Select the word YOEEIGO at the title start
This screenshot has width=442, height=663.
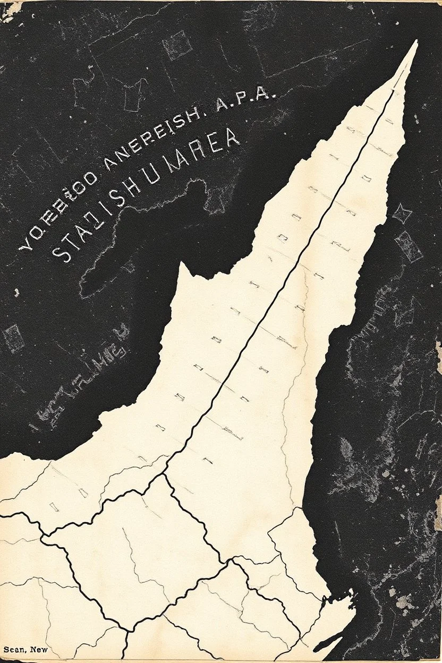pyautogui.click(x=59, y=218)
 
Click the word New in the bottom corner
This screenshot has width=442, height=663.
pyautogui.click(x=39, y=649)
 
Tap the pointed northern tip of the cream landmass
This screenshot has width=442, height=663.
pyautogui.click(x=415, y=42)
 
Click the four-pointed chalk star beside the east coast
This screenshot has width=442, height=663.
pyautogui.click(x=402, y=214)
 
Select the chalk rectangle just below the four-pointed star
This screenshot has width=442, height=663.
pyautogui.click(x=409, y=246)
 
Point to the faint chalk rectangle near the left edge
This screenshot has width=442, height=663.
pyautogui.click(x=13, y=338)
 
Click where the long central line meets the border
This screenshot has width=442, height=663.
pyautogui.click(x=164, y=474)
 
